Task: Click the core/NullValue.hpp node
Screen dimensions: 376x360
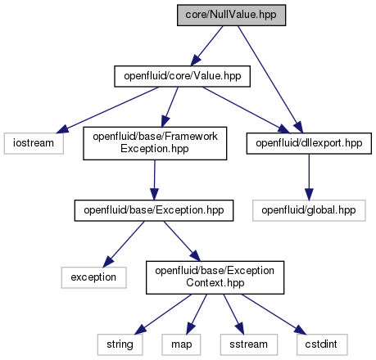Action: click(x=231, y=16)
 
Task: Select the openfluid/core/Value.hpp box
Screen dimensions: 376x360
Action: click(x=182, y=76)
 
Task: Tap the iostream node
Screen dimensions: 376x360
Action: click(x=34, y=143)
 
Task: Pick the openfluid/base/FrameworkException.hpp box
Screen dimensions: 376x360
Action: click(x=155, y=143)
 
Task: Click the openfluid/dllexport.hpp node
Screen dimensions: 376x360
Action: click(x=309, y=143)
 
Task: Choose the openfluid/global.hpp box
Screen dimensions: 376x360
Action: click(x=309, y=210)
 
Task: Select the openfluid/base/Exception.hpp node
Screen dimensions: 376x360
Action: click(x=154, y=210)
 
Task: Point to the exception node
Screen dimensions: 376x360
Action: click(x=93, y=277)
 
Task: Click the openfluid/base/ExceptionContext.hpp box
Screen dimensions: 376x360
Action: click(x=215, y=277)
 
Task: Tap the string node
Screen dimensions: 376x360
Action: click(x=120, y=344)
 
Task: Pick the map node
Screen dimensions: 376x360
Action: click(x=181, y=344)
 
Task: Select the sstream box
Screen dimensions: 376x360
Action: click(x=249, y=344)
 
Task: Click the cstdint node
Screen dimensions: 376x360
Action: click(x=322, y=344)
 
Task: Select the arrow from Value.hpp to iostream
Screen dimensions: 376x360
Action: click(x=107, y=110)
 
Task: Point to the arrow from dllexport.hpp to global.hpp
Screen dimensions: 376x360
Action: click(x=309, y=177)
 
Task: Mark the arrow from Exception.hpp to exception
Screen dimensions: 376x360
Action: click(x=124, y=244)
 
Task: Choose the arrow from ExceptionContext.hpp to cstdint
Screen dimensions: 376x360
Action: click(x=274, y=314)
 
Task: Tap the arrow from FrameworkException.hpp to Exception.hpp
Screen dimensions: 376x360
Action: click(x=155, y=180)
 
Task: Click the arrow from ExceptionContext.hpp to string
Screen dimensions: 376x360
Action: click(x=163, y=314)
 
